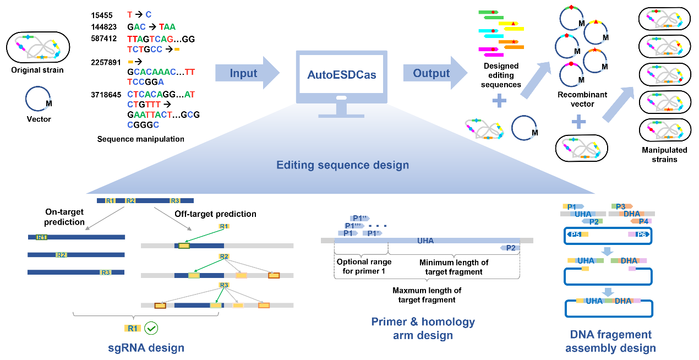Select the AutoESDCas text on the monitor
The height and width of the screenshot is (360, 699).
(341, 75)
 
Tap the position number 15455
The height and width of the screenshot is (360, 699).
(102, 15)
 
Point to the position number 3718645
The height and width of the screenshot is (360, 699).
(106, 95)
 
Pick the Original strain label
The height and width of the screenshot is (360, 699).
(37, 70)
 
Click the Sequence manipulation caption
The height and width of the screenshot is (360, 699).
(141, 139)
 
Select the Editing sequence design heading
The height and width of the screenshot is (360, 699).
(342, 165)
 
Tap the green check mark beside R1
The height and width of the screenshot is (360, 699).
(151, 329)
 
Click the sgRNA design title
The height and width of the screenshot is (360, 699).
(146, 347)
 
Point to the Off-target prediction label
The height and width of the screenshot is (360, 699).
(215, 214)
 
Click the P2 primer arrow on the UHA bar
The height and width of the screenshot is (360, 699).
(510, 248)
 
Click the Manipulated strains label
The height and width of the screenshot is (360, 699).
(664, 155)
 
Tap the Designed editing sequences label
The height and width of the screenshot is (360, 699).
(500, 75)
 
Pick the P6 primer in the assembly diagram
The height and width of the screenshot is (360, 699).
(641, 234)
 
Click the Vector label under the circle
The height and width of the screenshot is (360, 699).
(39, 119)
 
